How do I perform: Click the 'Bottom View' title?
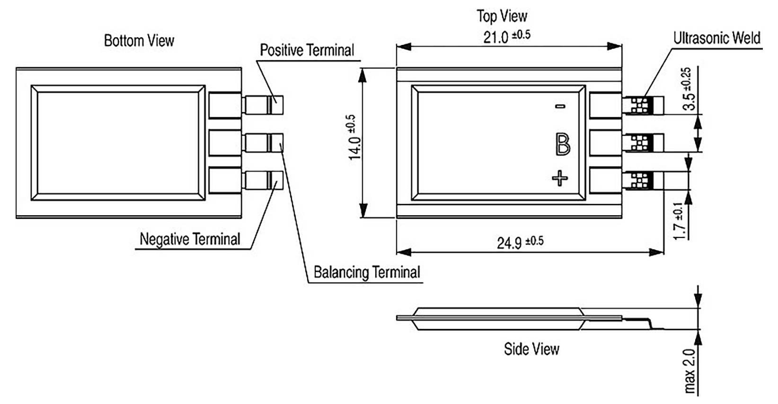(x=139, y=40)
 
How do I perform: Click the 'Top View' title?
(x=502, y=16)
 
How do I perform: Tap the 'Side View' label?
(x=531, y=349)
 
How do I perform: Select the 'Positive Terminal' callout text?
(x=307, y=50)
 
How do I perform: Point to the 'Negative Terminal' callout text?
(x=190, y=239)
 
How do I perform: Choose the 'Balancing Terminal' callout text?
(x=367, y=272)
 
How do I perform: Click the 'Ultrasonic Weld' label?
(x=716, y=38)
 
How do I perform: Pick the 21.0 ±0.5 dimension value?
(x=506, y=36)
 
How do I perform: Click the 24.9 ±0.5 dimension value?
(x=520, y=242)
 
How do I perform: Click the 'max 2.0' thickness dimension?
(x=690, y=371)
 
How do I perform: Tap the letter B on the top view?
(x=562, y=144)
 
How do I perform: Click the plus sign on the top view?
(x=560, y=179)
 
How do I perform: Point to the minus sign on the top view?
(x=560, y=106)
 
